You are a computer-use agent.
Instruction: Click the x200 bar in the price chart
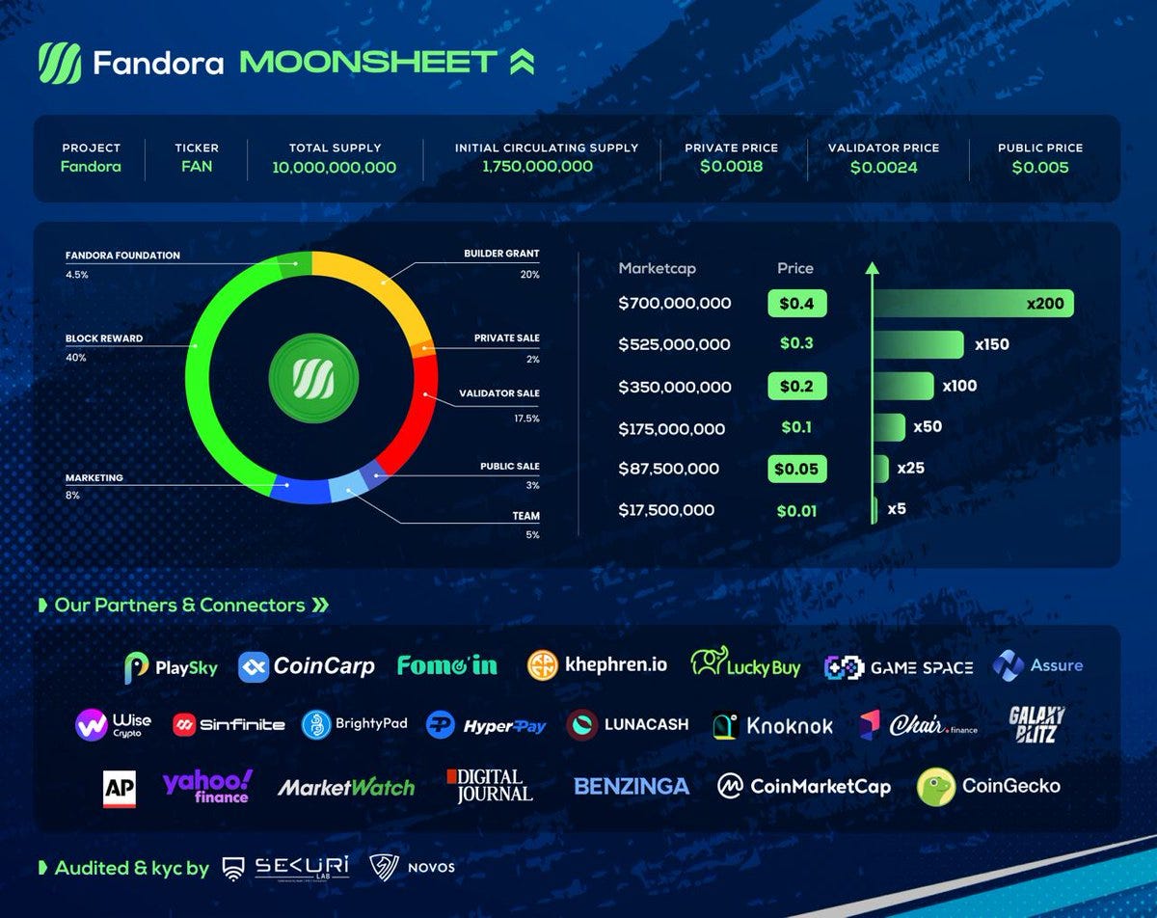point(974,304)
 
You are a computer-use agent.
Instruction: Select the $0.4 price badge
point(796,304)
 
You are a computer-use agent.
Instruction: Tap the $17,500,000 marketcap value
point(666,510)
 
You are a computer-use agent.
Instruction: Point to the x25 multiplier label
point(911,469)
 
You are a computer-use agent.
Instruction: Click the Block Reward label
point(104,339)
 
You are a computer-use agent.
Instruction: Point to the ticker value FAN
point(197,167)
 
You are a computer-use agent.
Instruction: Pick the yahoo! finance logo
point(207,786)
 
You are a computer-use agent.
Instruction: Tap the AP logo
point(120,787)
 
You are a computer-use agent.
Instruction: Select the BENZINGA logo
point(632,787)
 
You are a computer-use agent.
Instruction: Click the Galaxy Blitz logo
point(1036,725)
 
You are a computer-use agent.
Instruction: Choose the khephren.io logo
point(598,665)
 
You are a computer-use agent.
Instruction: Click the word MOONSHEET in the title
point(368,63)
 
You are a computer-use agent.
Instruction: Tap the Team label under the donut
point(525,517)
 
